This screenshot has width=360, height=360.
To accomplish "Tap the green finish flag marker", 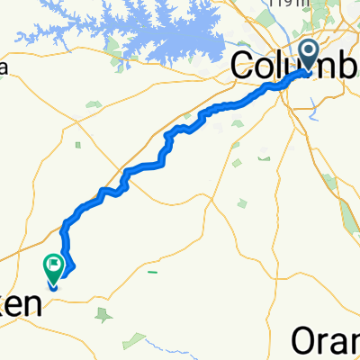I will click(53, 267).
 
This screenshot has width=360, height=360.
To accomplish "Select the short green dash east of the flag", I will click(154, 270).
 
